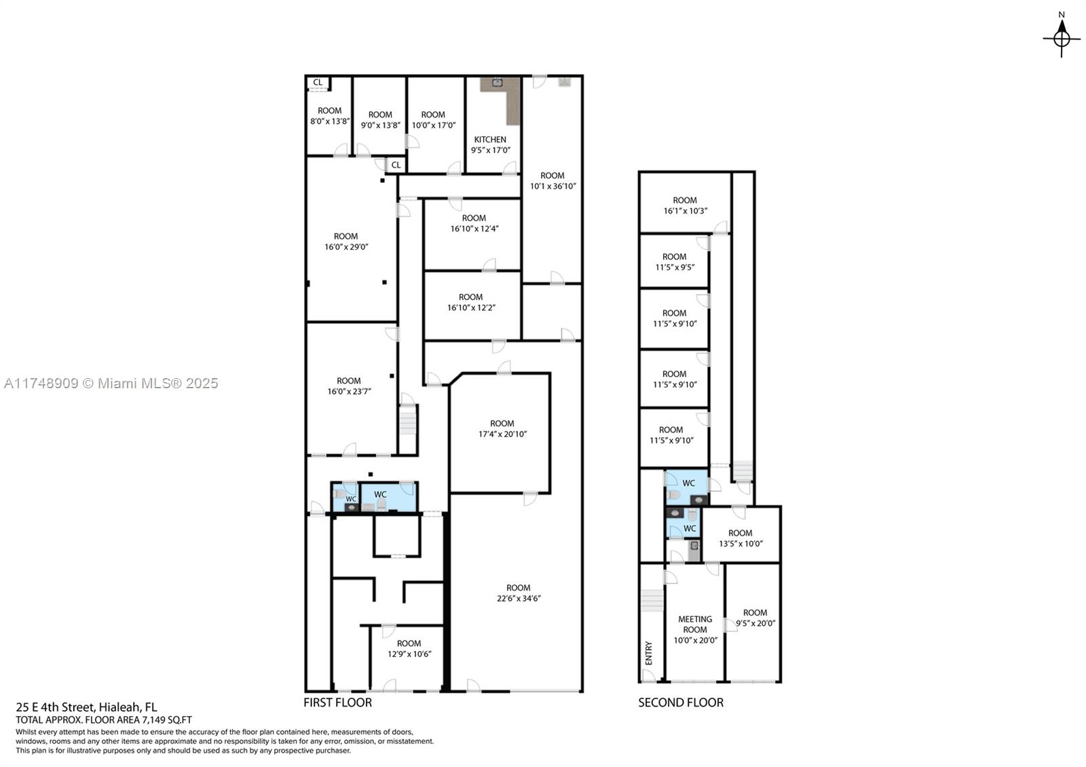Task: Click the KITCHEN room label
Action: coord(490,140)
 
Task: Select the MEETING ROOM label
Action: coord(695,624)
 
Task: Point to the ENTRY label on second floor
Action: coord(649,653)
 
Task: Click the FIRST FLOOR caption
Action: coord(337,703)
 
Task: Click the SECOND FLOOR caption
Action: coord(681,703)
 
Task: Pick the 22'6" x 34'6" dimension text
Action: coord(519,598)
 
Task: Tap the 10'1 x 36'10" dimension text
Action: coord(553,186)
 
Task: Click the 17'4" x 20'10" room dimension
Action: coord(502,434)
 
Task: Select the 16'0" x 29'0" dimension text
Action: coord(346,247)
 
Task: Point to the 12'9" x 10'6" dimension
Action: coord(409,654)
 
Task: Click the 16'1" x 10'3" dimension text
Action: coord(685,211)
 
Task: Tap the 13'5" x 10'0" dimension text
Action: coord(741,544)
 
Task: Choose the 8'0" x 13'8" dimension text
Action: coord(330,121)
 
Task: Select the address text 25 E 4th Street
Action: coord(57,707)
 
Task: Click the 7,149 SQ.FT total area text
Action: coord(167,720)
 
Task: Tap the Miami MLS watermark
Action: coord(111,383)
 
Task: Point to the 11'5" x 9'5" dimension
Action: coord(675,267)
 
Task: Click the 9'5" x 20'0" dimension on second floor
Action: coord(755,624)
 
